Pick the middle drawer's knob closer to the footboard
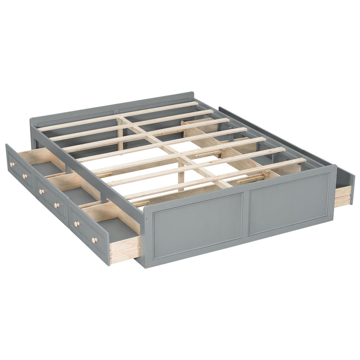point(57,205)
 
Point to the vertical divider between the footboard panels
point(245,211)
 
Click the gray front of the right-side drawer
point(345,185)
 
